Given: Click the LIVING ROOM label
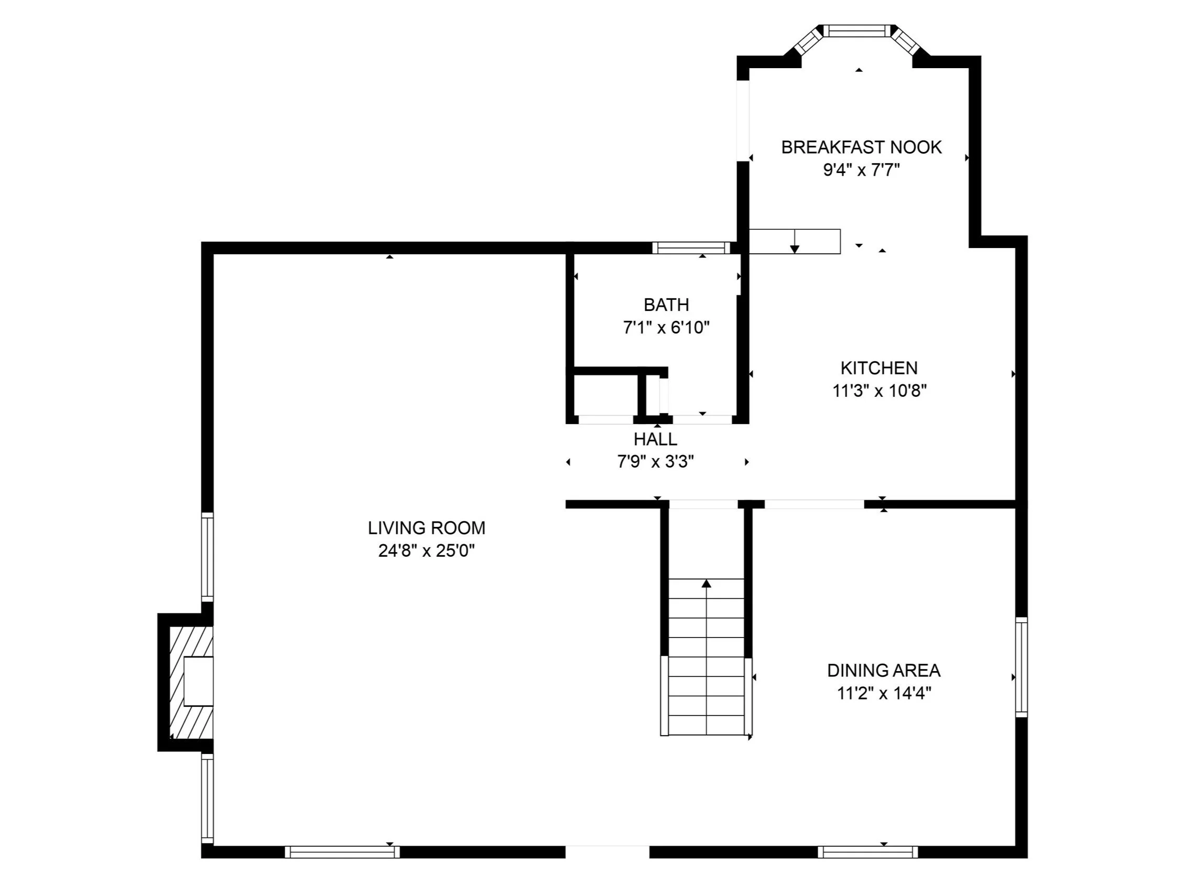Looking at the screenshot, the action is click(427, 527).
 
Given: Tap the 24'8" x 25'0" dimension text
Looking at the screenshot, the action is click(427, 551).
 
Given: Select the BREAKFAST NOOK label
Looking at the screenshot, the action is click(862, 147).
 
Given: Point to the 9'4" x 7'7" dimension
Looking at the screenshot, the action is click(862, 170).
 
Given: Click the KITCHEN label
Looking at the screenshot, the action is click(880, 368).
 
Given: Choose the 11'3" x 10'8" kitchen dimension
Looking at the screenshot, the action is click(880, 391).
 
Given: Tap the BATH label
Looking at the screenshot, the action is click(666, 305).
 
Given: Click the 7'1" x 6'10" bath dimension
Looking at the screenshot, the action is click(666, 327).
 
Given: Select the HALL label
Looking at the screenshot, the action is click(655, 439).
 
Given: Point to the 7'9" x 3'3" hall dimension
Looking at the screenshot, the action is click(655, 462).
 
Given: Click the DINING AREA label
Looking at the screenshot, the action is click(884, 670).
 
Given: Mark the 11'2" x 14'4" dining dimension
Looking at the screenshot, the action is click(884, 693).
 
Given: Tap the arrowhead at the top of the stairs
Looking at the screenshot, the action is click(706, 584).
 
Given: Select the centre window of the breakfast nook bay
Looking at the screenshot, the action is click(857, 31).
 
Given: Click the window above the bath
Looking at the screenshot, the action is click(691, 248).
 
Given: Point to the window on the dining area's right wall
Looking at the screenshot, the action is click(1021, 666).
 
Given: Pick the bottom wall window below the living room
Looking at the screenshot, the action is click(342, 852).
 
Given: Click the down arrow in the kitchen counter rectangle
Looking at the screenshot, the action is click(795, 241).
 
